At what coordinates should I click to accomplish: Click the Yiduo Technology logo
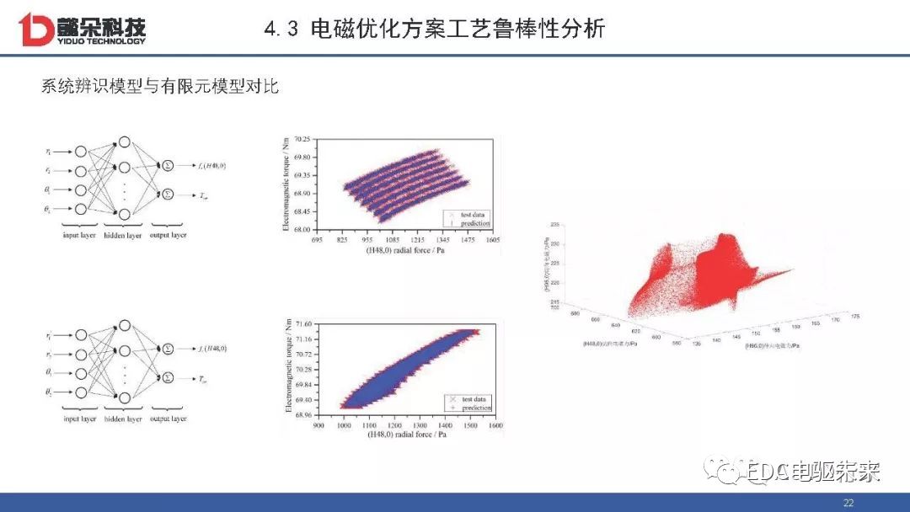click(x=82, y=28)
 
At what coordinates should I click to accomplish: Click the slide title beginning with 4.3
click(x=434, y=29)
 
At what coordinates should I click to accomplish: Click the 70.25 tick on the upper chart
click(x=301, y=139)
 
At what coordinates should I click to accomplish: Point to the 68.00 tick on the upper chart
click(x=301, y=229)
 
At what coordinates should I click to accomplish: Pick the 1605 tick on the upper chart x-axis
click(x=492, y=240)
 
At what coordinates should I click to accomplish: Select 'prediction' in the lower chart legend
click(x=476, y=408)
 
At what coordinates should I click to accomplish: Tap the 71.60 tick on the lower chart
click(x=301, y=323)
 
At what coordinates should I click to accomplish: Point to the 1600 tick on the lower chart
click(x=495, y=426)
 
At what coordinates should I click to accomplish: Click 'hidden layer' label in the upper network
click(x=123, y=236)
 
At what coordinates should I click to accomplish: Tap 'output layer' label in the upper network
click(x=168, y=235)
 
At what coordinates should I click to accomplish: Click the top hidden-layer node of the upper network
click(x=124, y=142)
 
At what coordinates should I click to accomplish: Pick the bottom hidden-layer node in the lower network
click(x=124, y=397)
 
